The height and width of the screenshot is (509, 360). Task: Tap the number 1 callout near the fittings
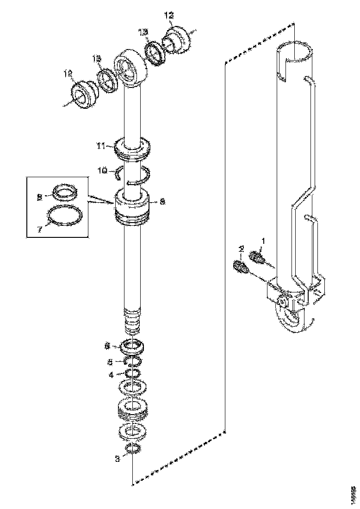[263, 241]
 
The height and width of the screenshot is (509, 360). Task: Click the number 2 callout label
[241, 249]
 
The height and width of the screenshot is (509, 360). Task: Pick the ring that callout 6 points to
[132, 346]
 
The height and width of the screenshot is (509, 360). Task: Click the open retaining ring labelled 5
[133, 361]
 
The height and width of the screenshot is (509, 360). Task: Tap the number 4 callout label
[111, 374]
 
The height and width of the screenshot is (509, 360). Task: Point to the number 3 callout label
[117, 459]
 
